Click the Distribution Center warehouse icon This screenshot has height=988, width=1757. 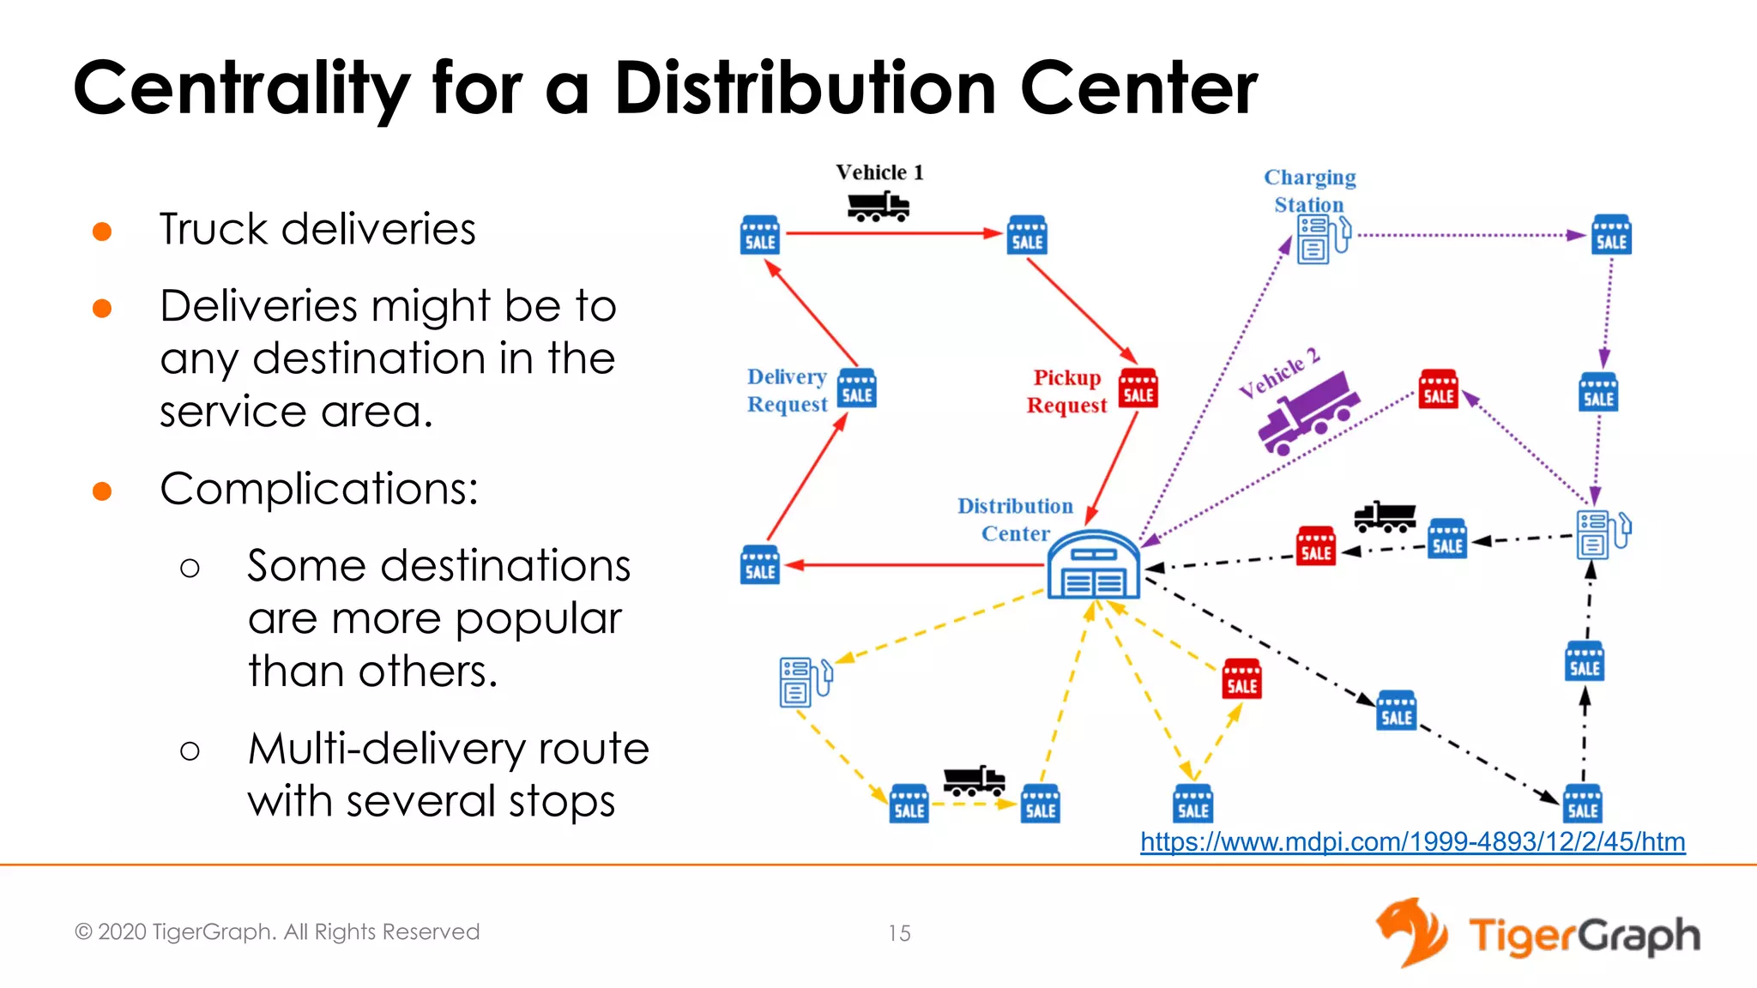point(1093,566)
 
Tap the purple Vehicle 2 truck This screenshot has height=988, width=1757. point(1307,413)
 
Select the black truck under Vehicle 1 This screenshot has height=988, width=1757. point(878,207)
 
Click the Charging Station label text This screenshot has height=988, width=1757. point(1309,190)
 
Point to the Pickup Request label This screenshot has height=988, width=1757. point(1066,391)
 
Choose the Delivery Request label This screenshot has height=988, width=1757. point(787,390)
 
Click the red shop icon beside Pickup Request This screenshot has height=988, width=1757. point(1138,389)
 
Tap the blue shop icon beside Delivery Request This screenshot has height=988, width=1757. point(856,389)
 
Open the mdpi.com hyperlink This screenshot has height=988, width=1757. point(1412,842)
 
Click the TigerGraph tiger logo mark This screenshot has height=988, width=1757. point(1410,932)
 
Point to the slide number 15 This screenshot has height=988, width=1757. point(899,933)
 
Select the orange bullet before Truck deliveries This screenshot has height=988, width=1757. point(102,232)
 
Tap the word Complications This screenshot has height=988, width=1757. point(318,489)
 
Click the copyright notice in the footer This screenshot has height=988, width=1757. point(277,932)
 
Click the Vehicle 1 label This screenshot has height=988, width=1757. point(879,172)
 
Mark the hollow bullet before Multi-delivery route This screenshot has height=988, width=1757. point(190,751)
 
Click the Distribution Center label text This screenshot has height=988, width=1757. point(1015,520)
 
